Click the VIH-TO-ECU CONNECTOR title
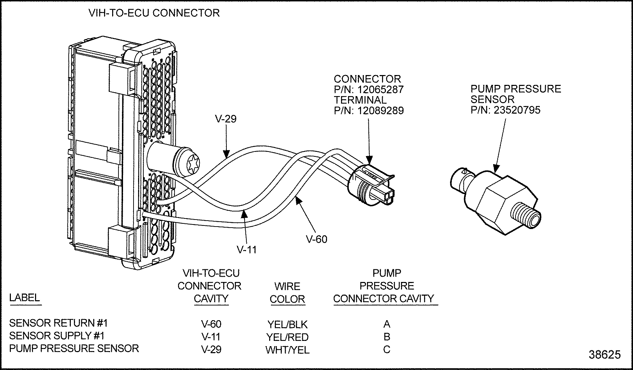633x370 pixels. click(154, 13)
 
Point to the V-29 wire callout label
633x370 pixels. click(226, 119)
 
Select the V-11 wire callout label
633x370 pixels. click(247, 250)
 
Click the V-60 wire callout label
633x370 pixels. click(316, 239)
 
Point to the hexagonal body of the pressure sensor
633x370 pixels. click(499, 200)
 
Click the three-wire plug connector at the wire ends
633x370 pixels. click(372, 186)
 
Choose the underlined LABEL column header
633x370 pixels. click(25, 298)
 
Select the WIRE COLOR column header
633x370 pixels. click(287, 293)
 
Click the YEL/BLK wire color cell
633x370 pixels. click(287, 324)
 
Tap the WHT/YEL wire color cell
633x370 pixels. click(287, 350)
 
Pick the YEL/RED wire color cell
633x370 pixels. click(287, 337)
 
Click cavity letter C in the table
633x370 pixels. click(387, 350)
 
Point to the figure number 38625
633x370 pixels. click(605, 355)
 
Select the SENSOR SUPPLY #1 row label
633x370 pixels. click(57, 336)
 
